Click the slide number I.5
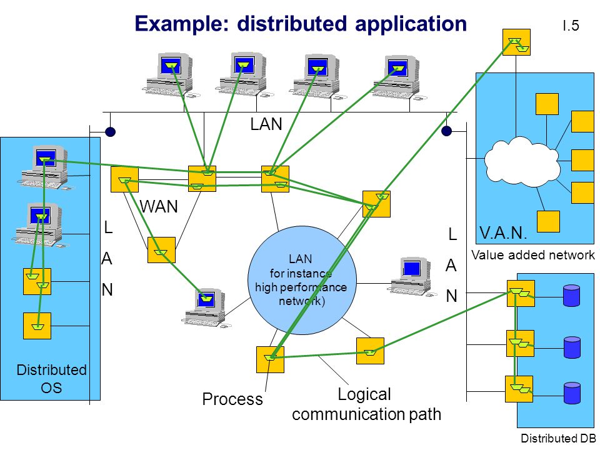pos(571,26)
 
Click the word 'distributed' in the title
pos(292,24)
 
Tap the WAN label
pos(159,207)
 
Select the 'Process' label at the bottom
pos(232,399)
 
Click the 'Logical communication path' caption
pos(366,404)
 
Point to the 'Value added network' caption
pos(533,255)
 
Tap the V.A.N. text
pos(502,232)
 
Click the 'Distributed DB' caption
pos(558,438)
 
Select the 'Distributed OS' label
pos(51,379)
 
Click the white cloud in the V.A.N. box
pos(522,162)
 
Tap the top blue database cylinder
pos(571,296)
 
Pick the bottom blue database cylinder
pos(572,393)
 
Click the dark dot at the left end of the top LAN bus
pos(110,132)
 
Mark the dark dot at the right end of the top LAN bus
pos(446,131)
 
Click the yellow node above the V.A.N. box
pos(516,42)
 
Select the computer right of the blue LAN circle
pos(412,276)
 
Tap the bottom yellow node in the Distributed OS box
pos(37,326)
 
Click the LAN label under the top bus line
pos(266,124)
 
